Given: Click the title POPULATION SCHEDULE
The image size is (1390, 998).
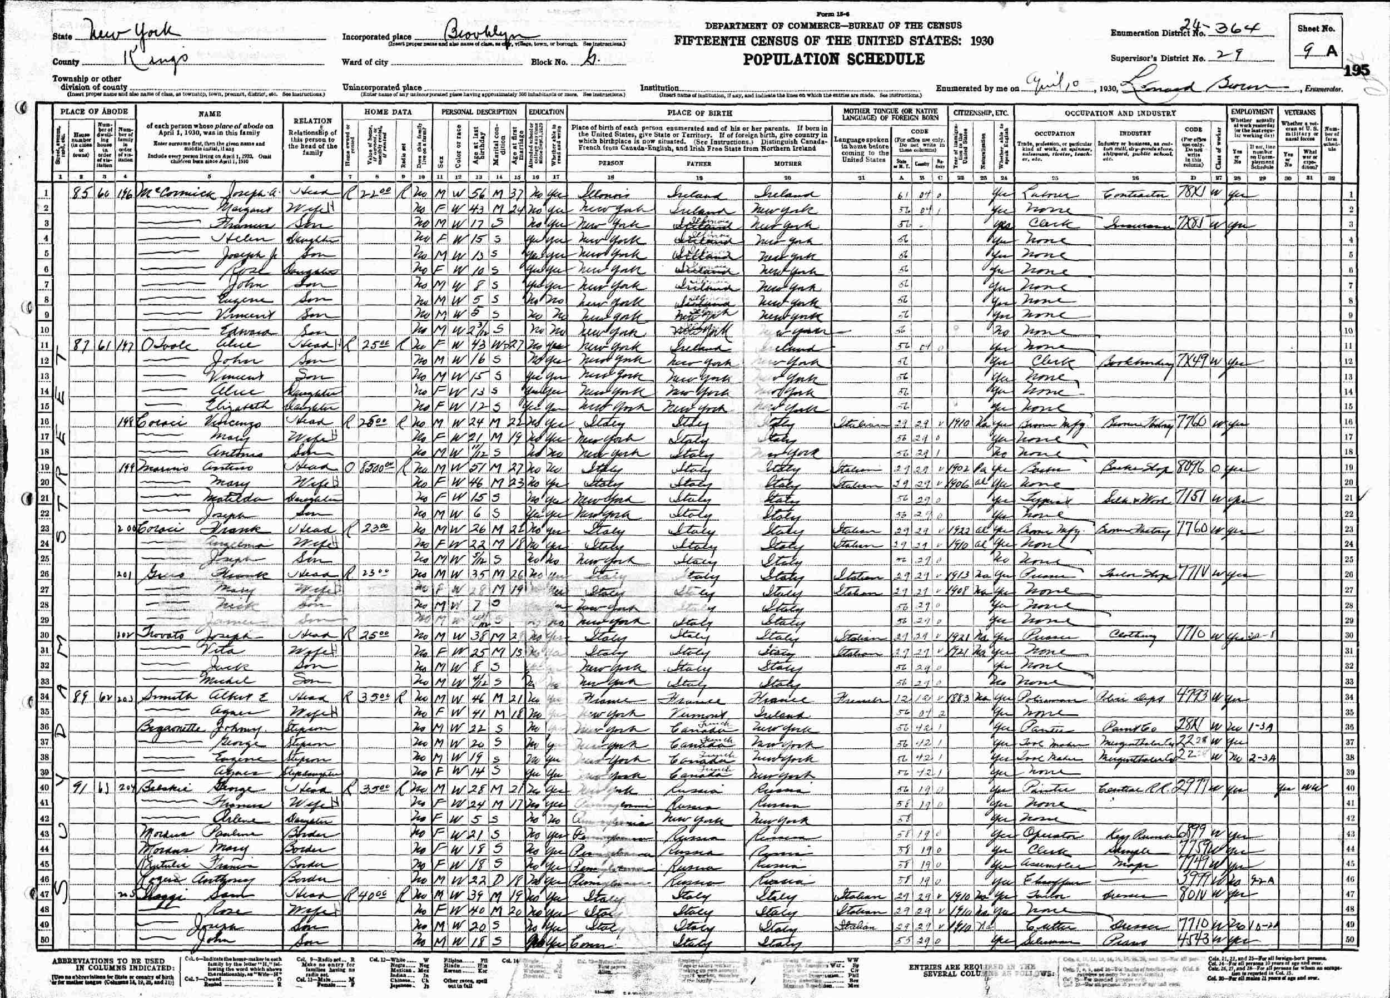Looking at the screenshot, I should click(833, 60).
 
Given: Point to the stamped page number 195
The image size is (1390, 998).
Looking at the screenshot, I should click(1356, 71).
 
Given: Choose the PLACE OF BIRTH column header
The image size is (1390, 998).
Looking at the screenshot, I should click(699, 113).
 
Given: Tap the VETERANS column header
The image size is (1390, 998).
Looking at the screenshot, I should click(1300, 113).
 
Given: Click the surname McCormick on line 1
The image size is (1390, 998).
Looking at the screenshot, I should click(174, 195).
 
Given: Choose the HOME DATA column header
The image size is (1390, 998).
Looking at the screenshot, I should click(388, 113).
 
